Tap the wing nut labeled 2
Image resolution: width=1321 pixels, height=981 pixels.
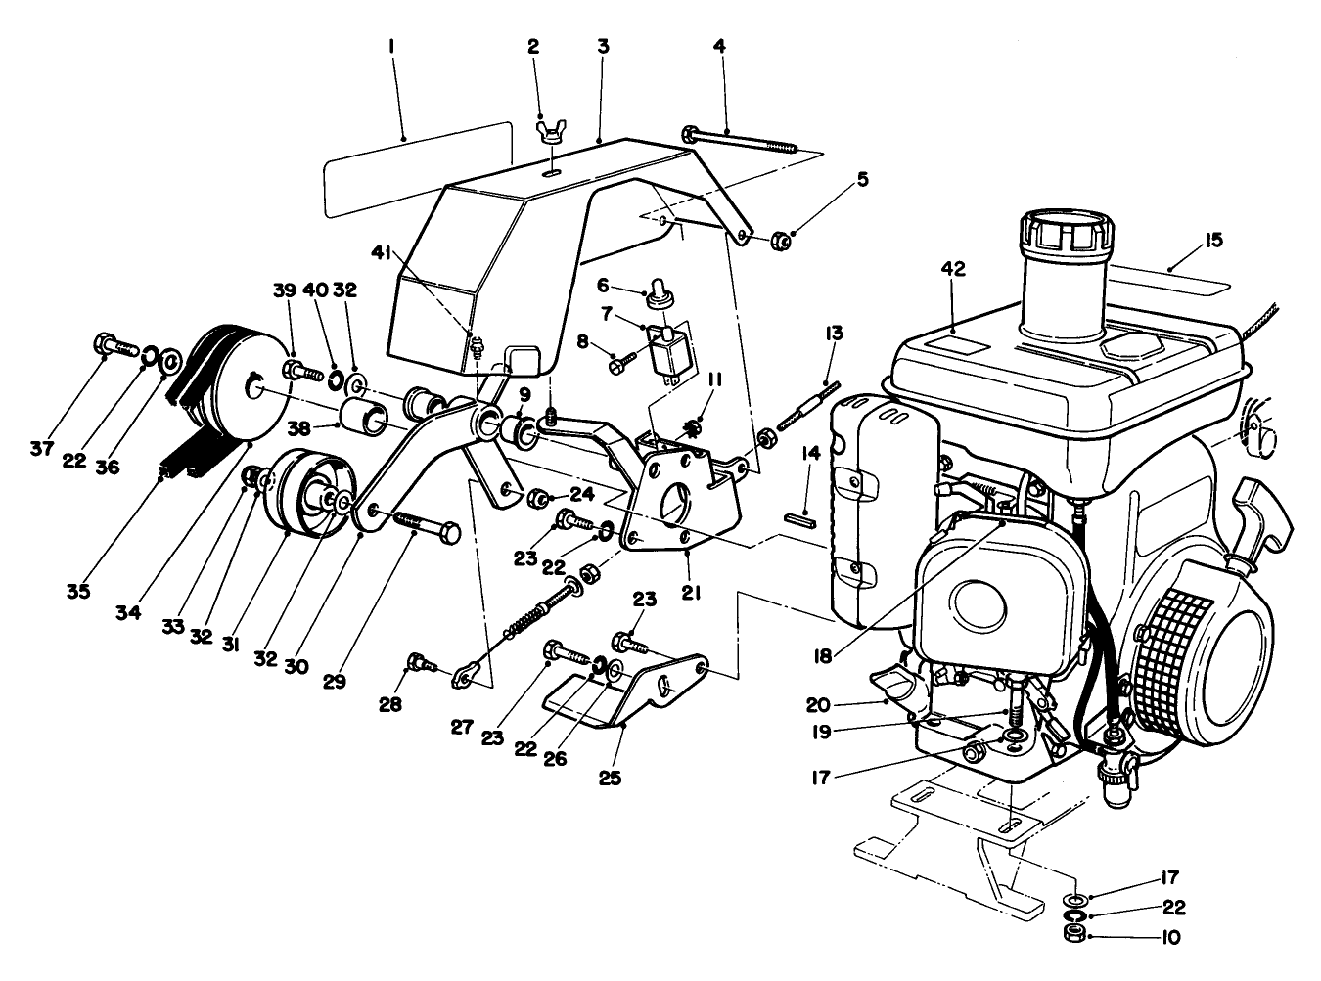pyautogui.click(x=550, y=131)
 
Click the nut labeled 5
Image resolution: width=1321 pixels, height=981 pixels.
pyautogui.click(x=782, y=239)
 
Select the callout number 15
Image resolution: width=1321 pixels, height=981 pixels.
pyautogui.click(x=1214, y=240)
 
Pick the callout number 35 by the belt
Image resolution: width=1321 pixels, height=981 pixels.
pyautogui.click(x=77, y=591)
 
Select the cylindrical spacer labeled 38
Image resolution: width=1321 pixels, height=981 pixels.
pyautogui.click(x=360, y=414)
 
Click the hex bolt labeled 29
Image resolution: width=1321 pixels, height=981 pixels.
pyautogui.click(x=426, y=529)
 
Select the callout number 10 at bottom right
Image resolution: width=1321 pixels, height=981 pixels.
pyautogui.click(x=1170, y=937)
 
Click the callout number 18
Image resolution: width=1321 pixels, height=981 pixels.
pyautogui.click(x=823, y=656)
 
